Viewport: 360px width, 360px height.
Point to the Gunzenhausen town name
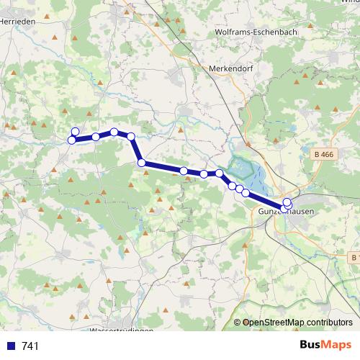(286, 214)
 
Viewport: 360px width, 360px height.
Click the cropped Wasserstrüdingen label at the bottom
(122, 331)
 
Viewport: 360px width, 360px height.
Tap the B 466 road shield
(326, 153)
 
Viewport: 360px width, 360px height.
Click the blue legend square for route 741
(10, 346)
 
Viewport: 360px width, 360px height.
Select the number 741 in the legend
(30, 346)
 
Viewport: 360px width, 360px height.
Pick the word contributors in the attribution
(329, 322)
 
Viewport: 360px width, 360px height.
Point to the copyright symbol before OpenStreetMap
(238, 322)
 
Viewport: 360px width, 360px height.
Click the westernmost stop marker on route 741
(72, 140)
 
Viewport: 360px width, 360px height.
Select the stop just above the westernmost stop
(75, 132)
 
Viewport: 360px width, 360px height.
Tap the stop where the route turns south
(131, 136)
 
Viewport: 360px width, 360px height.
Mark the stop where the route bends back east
(143, 163)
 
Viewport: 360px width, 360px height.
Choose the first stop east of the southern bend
(184, 171)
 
